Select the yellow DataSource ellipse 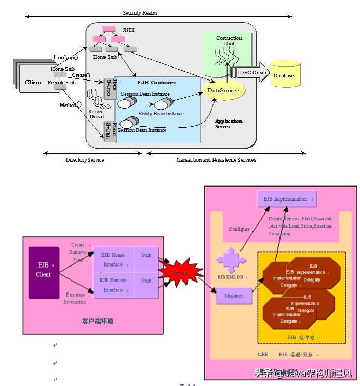click(223, 90)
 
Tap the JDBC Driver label click(253, 72)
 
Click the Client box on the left click(33, 82)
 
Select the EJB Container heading click(156, 82)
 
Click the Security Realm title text click(140, 12)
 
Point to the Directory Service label click(85, 160)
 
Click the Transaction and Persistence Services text click(216, 160)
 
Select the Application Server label click(229, 124)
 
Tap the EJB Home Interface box click(112, 260)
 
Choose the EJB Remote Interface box click(112, 285)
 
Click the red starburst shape click(180, 271)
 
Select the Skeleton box click(234, 296)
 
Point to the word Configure click(239, 229)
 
